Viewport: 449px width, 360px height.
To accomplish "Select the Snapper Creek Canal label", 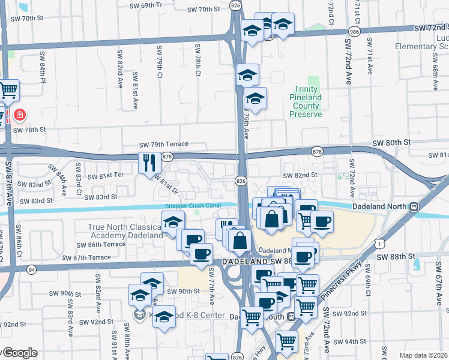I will coord(193,206).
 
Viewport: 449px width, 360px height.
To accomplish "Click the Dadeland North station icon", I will coord(414,206).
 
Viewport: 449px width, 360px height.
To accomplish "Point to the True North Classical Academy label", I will coord(125,231).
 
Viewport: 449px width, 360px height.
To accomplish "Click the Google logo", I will coord(20,353).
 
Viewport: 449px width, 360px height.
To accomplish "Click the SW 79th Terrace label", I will coord(164,145).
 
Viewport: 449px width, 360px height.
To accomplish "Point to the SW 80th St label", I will coord(390,142).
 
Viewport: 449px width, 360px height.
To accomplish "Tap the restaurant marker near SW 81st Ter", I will coord(148,162).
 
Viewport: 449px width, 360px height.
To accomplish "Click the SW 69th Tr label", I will coord(146,5).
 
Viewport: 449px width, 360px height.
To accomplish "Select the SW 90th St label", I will coord(183,291).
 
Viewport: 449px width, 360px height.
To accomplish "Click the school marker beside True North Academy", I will coord(173,223).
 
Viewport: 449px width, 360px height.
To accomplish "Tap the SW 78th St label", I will coord(29,130).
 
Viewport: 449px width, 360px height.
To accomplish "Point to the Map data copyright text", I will coord(424,355).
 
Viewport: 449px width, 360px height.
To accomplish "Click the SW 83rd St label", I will coord(100,197).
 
